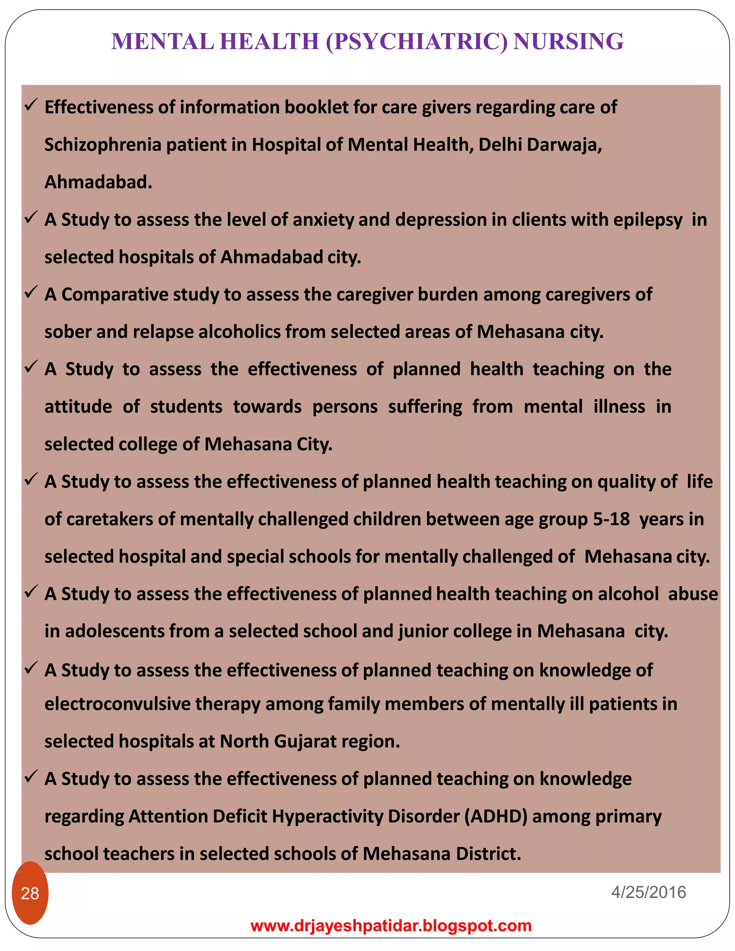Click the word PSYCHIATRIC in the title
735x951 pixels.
click(417, 42)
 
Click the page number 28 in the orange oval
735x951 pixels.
click(30, 893)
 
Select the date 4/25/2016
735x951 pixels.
click(649, 892)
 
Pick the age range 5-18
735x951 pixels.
click(611, 519)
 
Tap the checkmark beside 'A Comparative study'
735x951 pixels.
click(31, 292)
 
